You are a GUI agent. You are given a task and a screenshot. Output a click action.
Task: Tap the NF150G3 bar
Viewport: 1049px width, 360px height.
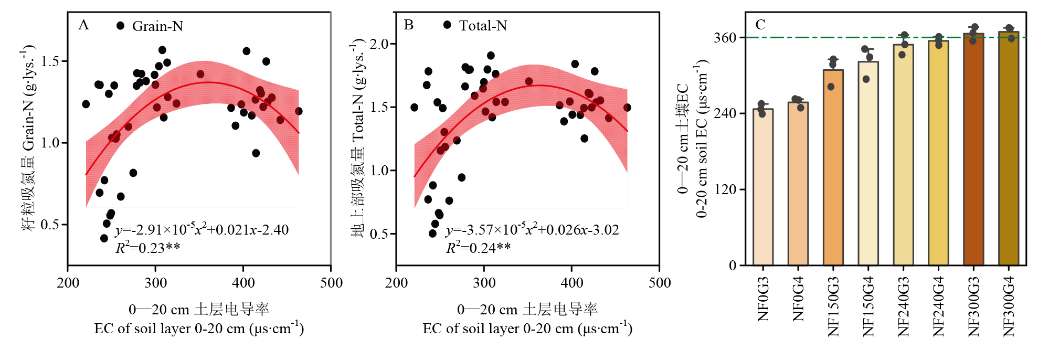tap(833, 167)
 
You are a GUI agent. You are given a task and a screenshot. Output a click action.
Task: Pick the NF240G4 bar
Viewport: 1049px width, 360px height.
tap(938, 153)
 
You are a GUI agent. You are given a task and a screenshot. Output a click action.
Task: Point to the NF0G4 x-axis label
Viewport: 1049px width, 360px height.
tap(798, 299)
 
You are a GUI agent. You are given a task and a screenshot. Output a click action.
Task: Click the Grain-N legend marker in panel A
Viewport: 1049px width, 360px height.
tap(121, 26)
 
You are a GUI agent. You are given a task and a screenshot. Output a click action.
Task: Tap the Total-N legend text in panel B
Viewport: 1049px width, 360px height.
tap(483, 26)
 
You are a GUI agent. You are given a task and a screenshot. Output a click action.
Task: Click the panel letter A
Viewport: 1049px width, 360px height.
tap(83, 25)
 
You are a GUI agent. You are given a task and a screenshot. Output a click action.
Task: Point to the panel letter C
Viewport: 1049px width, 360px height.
tap(760, 25)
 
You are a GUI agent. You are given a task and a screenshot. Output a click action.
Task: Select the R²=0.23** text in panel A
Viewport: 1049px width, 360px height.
tap(148, 248)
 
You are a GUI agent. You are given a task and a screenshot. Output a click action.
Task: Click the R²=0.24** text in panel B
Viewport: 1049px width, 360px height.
tap(478, 248)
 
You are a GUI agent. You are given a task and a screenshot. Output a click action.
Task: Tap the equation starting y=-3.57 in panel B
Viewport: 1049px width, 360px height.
tap(532, 230)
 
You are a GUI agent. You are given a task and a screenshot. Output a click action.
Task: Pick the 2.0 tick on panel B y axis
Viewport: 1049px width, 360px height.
tap(379, 44)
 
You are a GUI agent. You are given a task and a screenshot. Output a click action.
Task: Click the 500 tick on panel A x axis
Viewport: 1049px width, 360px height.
tap(331, 283)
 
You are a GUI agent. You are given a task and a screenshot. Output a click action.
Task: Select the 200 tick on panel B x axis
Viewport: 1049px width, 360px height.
tap(397, 283)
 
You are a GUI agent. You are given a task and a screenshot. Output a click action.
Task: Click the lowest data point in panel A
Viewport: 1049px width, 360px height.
tap(104, 238)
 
